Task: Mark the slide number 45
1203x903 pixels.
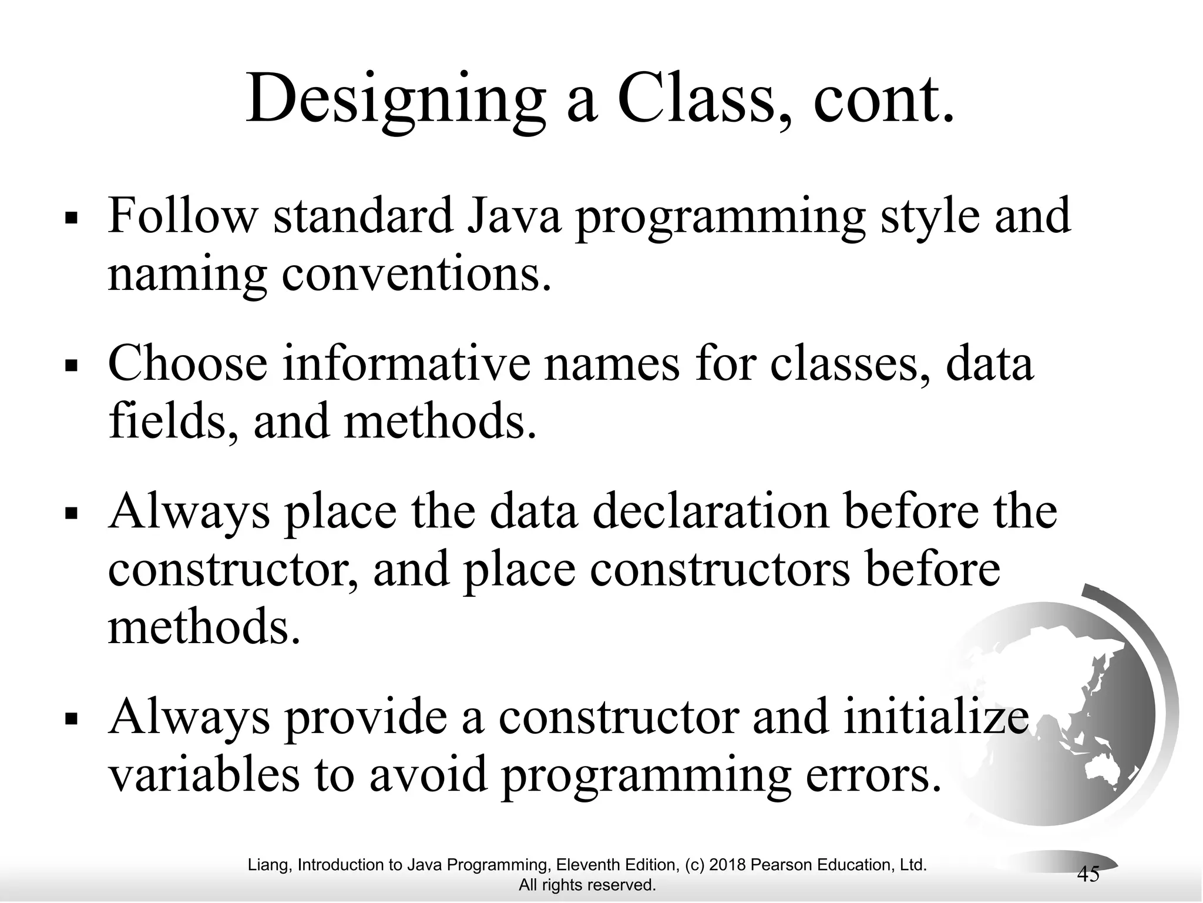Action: coord(1088,875)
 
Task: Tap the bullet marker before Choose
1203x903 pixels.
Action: coord(72,366)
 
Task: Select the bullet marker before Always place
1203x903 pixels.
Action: coord(72,513)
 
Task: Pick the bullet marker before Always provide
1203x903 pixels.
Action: coord(72,720)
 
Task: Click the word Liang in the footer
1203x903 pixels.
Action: coord(268,865)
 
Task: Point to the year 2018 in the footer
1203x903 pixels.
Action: coord(727,865)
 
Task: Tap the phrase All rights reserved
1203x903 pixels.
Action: coord(587,885)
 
